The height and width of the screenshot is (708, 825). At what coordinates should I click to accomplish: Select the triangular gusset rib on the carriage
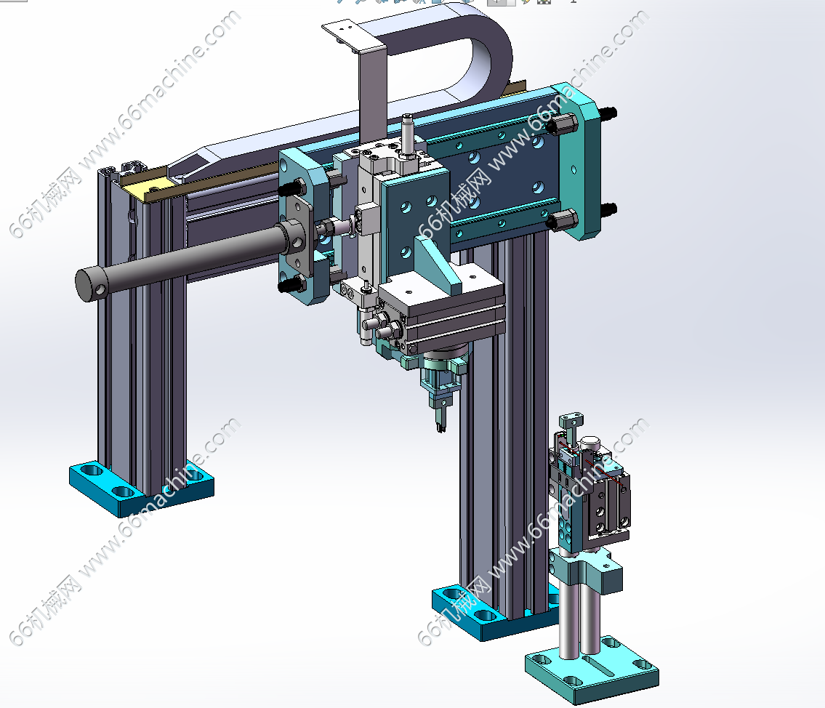point(437,263)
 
